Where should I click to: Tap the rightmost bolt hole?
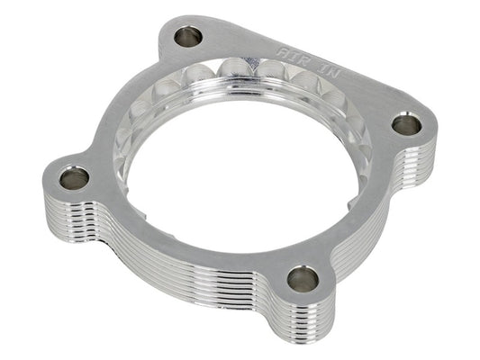(406, 125)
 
